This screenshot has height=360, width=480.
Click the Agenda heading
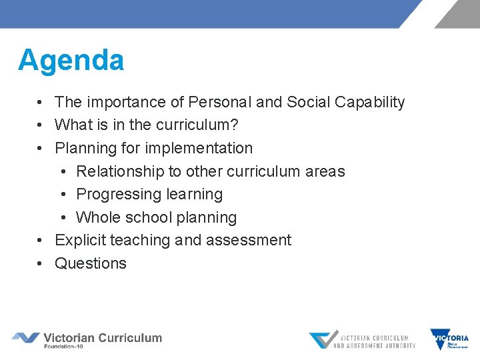(71, 60)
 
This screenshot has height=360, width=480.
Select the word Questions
(91, 263)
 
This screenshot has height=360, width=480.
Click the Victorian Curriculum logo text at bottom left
(103, 337)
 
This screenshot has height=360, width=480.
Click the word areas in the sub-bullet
(325, 171)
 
